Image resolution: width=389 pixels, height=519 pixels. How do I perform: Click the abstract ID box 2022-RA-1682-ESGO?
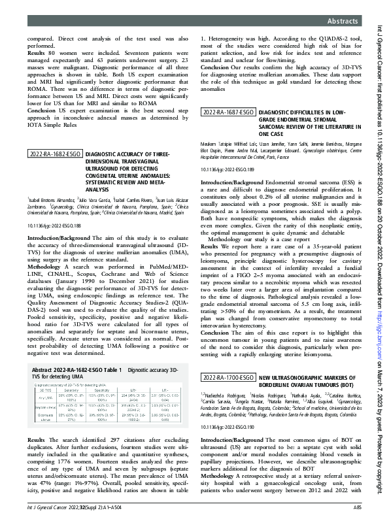coord(54,155)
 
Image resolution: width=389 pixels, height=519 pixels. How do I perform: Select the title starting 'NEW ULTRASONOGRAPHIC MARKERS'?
coord(307,378)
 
